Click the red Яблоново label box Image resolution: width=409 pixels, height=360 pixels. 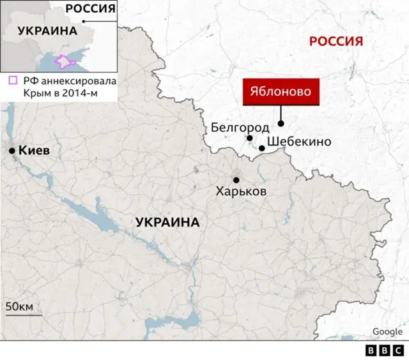[281, 92]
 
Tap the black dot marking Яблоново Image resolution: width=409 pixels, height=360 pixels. [281, 124]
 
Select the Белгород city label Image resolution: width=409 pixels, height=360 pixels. [240, 128]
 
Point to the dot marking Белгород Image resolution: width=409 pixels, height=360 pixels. [250, 138]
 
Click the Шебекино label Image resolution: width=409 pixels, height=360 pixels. [299, 142]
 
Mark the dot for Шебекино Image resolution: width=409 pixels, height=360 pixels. [262, 148]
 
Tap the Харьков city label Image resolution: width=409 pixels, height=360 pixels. [241, 191]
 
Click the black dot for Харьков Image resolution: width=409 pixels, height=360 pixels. [236, 180]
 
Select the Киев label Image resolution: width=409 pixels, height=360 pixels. [35, 151]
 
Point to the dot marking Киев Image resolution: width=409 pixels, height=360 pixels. [12, 151]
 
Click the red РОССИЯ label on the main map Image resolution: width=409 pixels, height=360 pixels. [336, 41]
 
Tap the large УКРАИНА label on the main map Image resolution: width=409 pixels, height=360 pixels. [167, 222]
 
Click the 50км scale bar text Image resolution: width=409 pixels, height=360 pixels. [19, 306]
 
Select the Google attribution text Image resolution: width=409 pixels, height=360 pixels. [387, 331]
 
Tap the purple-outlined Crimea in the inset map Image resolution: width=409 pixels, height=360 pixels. [66, 61]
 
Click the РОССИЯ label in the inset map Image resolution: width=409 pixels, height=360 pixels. [91, 9]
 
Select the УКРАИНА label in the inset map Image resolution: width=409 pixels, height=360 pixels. [47, 31]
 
